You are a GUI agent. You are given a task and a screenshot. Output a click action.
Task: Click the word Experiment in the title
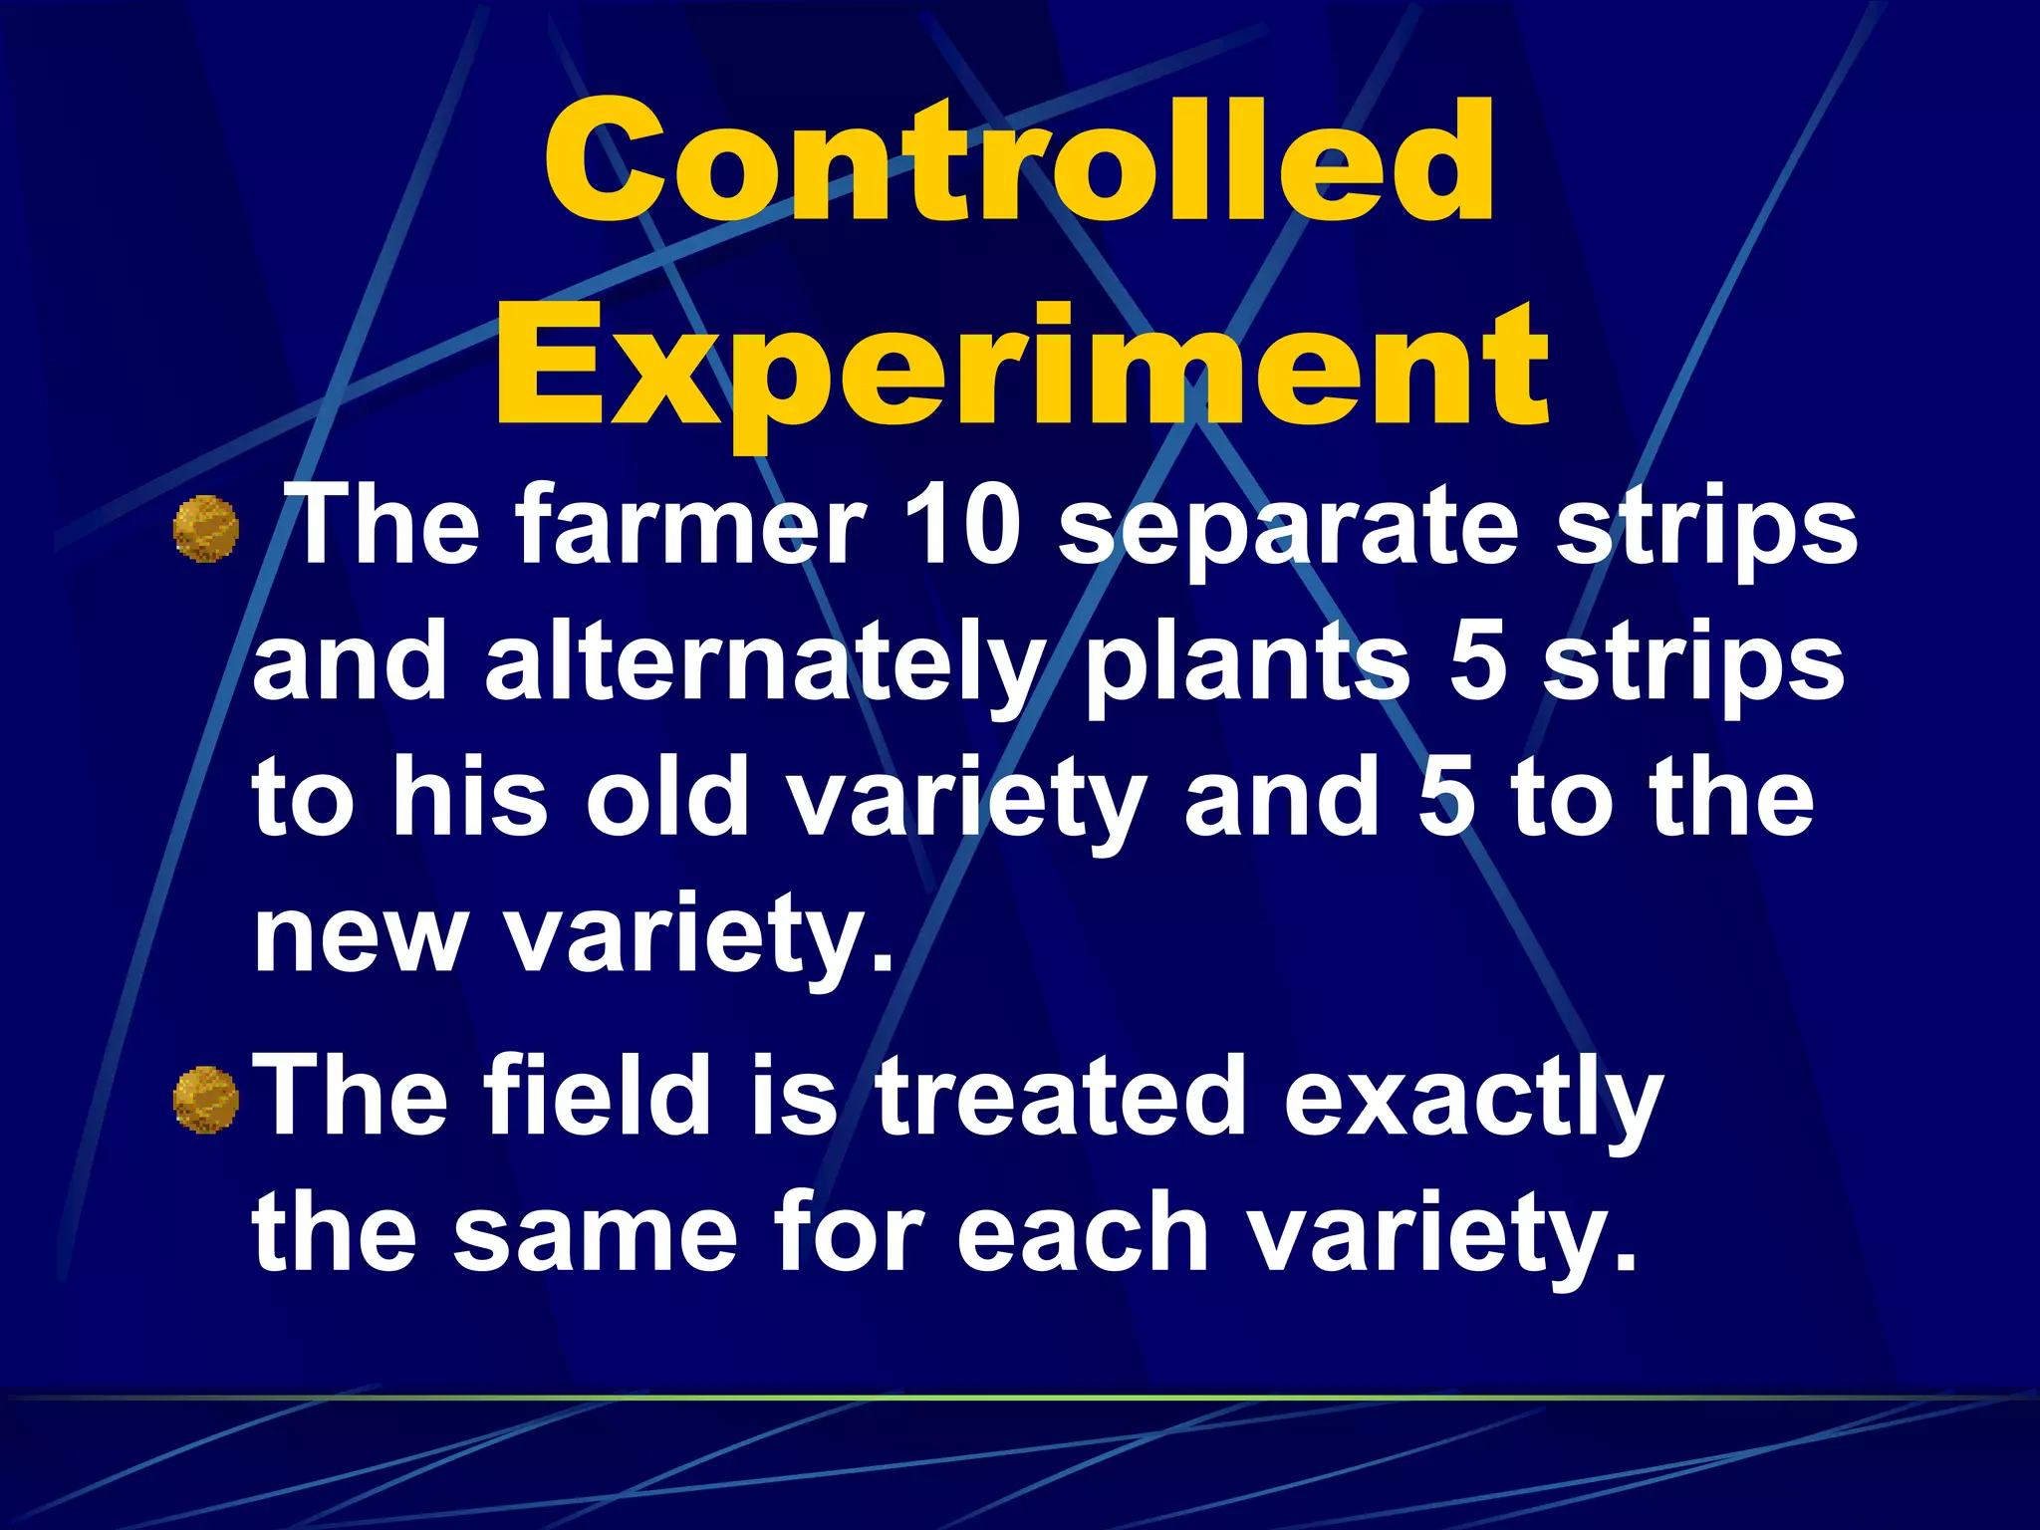click(x=1020, y=369)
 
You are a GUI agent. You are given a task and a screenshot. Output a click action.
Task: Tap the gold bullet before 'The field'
click(x=206, y=1100)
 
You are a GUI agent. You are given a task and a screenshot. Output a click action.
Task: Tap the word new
click(x=360, y=936)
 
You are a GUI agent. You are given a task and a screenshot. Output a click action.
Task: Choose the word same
click(x=596, y=1235)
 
